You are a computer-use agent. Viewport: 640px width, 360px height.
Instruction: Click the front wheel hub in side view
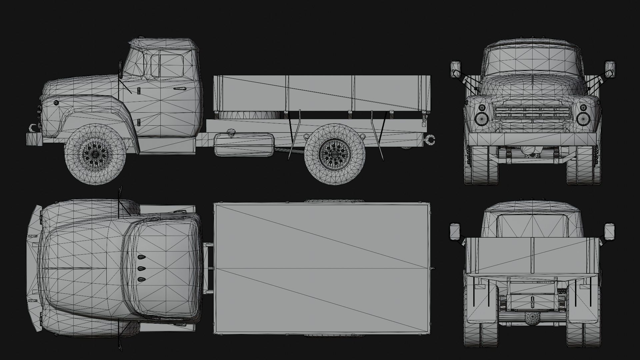pyautogui.click(x=95, y=154)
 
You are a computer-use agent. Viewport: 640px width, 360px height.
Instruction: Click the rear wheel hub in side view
pyautogui.click(x=335, y=154)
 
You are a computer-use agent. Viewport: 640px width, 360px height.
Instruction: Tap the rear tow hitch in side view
pyautogui.click(x=430, y=139)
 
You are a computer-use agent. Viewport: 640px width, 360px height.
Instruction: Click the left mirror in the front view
pyautogui.click(x=455, y=69)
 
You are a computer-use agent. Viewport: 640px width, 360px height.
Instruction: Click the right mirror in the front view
pyautogui.click(x=610, y=69)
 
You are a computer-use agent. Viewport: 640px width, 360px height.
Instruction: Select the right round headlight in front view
pyautogui.click(x=583, y=118)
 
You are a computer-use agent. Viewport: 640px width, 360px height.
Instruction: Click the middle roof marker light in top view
pyautogui.click(x=141, y=268)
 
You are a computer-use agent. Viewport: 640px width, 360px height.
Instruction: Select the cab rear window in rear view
pyautogui.click(x=532, y=225)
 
